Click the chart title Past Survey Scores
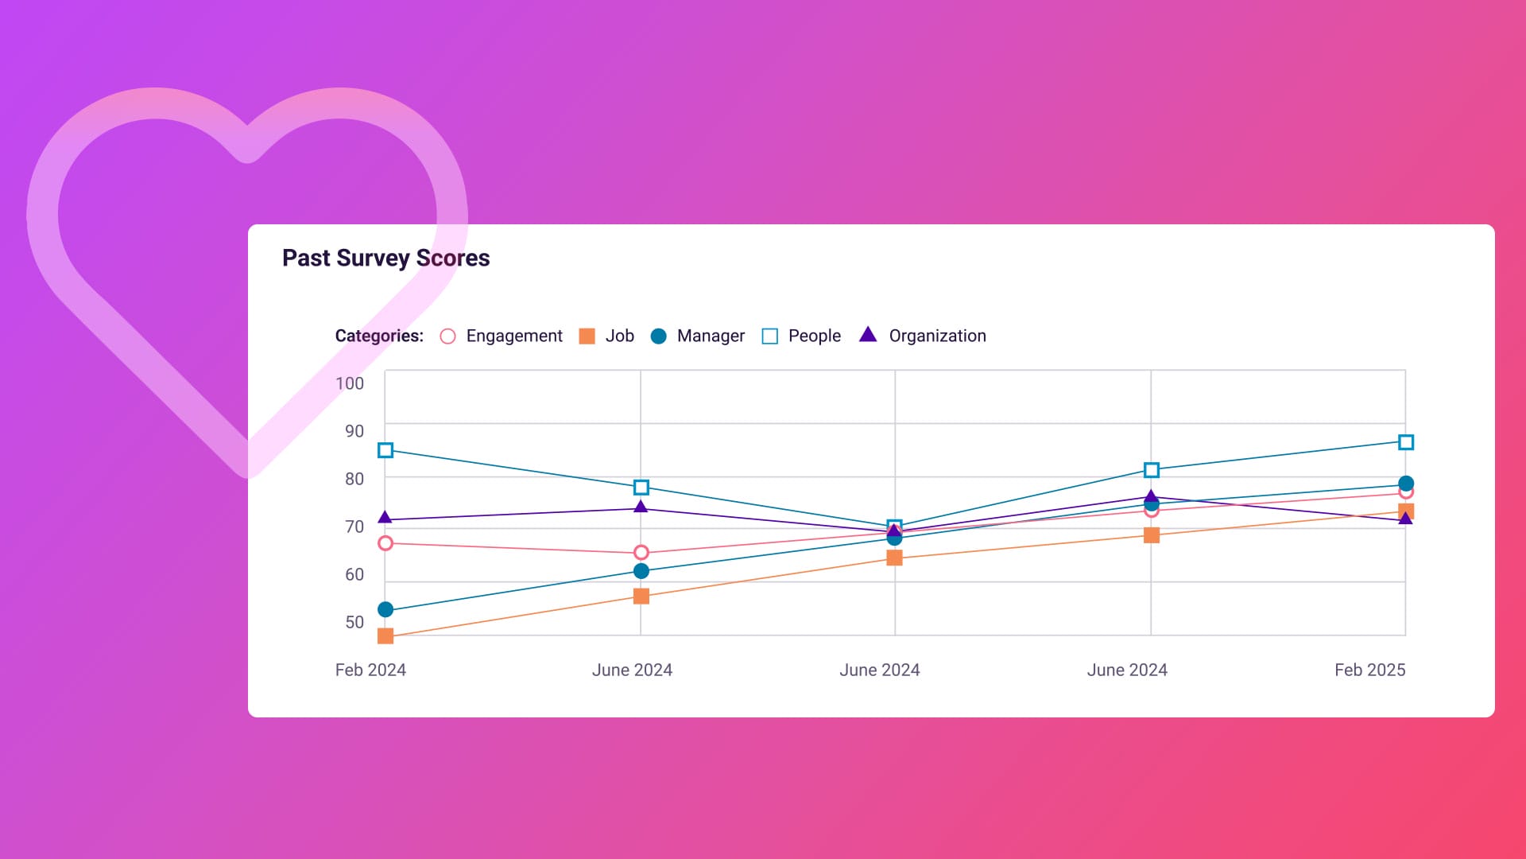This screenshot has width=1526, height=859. tap(385, 258)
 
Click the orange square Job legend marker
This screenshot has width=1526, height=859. tap(587, 336)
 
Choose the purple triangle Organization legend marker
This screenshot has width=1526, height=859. tap(868, 335)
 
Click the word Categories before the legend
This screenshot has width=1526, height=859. tap(379, 336)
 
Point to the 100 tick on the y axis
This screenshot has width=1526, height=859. tap(350, 383)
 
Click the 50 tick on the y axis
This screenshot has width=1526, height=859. tap(354, 622)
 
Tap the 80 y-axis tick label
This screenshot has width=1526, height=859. tap(354, 479)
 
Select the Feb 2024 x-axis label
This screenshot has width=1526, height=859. tap(370, 670)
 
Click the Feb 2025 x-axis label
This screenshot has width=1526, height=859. tap(1369, 670)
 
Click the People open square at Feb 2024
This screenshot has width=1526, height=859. tap(385, 450)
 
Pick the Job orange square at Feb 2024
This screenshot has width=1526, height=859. tap(385, 636)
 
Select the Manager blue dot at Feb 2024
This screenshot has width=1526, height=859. tap(385, 609)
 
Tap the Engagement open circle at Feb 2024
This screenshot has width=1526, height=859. tap(385, 543)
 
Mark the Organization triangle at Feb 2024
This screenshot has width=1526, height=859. tap(385, 518)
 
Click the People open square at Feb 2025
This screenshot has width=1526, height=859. tap(1405, 442)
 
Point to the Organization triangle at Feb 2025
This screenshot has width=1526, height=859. tap(1405, 519)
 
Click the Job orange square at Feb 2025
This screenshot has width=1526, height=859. tap(1405, 511)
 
